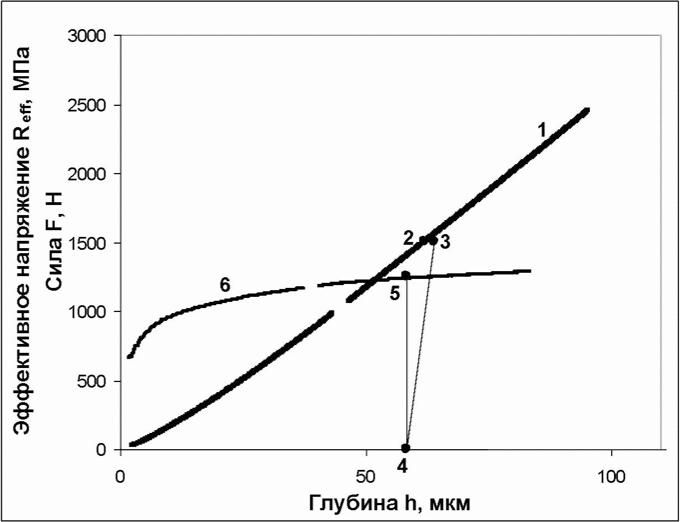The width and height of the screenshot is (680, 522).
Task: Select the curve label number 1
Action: (542, 130)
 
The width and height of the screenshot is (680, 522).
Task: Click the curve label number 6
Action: (225, 285)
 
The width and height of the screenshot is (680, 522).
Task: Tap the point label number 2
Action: (409, 239)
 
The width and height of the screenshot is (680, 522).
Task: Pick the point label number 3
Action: (445, 242)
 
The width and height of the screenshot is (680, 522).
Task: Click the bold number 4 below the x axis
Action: (402, 467)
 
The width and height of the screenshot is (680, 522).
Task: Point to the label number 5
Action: (395, 293)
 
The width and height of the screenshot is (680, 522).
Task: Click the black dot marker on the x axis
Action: (406, 448)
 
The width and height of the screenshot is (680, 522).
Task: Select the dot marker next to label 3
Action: (434, 240)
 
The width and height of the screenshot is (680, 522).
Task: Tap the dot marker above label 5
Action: (406, 275)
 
